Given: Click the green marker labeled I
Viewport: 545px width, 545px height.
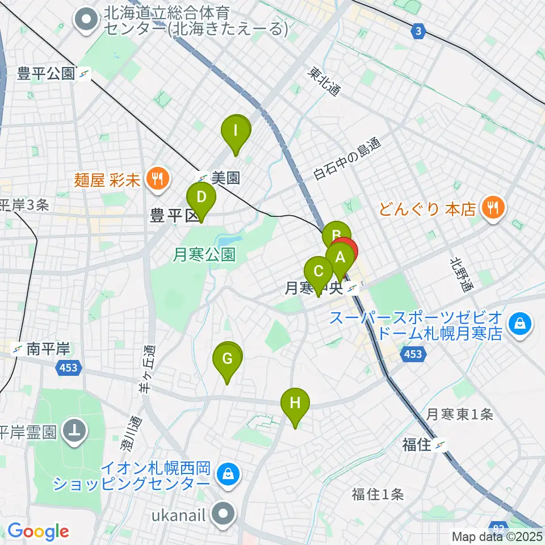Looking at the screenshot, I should (x=236, y=132).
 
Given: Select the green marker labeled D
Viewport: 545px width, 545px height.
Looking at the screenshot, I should (x=201, y=198).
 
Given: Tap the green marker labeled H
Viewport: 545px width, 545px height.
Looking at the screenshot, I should (x=295, y=404).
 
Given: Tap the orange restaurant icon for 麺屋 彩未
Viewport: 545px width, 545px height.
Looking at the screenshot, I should (x=155, y=180).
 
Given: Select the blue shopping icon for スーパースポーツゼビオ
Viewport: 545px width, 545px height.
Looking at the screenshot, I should (x=519, y=324).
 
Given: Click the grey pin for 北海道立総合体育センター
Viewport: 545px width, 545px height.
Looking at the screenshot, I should (x=86, y=20).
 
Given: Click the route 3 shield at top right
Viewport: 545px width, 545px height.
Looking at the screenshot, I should (x=418, y=32).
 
